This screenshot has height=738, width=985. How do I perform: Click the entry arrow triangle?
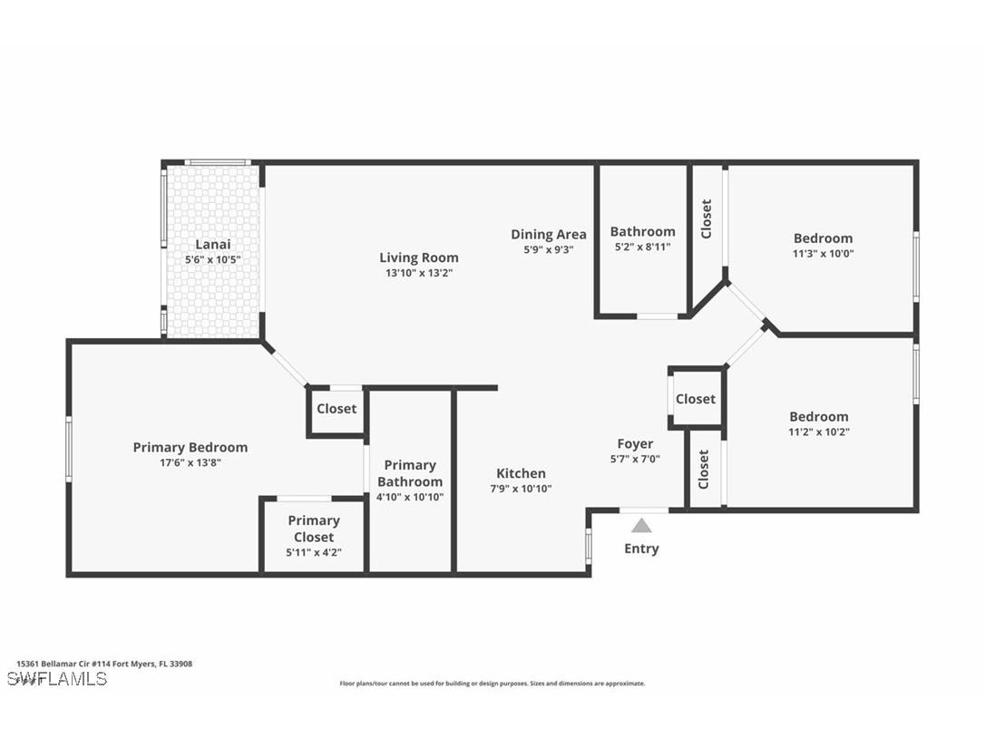[641, 526]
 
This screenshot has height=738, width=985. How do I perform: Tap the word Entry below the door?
[641, 549]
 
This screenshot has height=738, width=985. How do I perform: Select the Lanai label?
[213, 244]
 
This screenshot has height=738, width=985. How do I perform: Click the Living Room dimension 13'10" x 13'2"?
[418, 273]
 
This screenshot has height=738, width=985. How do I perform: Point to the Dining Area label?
[548, 234]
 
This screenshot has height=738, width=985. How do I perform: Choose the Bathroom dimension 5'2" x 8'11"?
[642, 247]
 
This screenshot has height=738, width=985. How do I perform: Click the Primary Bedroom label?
[190, 447]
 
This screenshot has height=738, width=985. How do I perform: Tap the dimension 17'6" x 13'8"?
[190, 462]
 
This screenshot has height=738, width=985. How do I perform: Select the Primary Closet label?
[314, 529]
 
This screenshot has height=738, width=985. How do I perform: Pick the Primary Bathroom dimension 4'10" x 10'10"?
[410, 497]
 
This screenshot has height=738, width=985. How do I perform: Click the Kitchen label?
[521, 473]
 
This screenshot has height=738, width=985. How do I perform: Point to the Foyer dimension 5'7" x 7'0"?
[635, 459]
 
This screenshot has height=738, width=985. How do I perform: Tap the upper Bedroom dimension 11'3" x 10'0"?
[823, 254]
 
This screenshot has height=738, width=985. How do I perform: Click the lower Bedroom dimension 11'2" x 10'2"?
[819, 432]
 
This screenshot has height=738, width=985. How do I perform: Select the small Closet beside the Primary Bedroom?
[336, 409]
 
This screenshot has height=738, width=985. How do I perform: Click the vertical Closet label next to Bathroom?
[706, 218]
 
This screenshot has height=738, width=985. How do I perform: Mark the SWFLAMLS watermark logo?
[56, 678]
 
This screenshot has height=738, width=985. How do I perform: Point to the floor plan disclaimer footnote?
[492, 684]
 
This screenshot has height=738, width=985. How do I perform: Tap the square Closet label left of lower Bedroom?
[696, 399]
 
